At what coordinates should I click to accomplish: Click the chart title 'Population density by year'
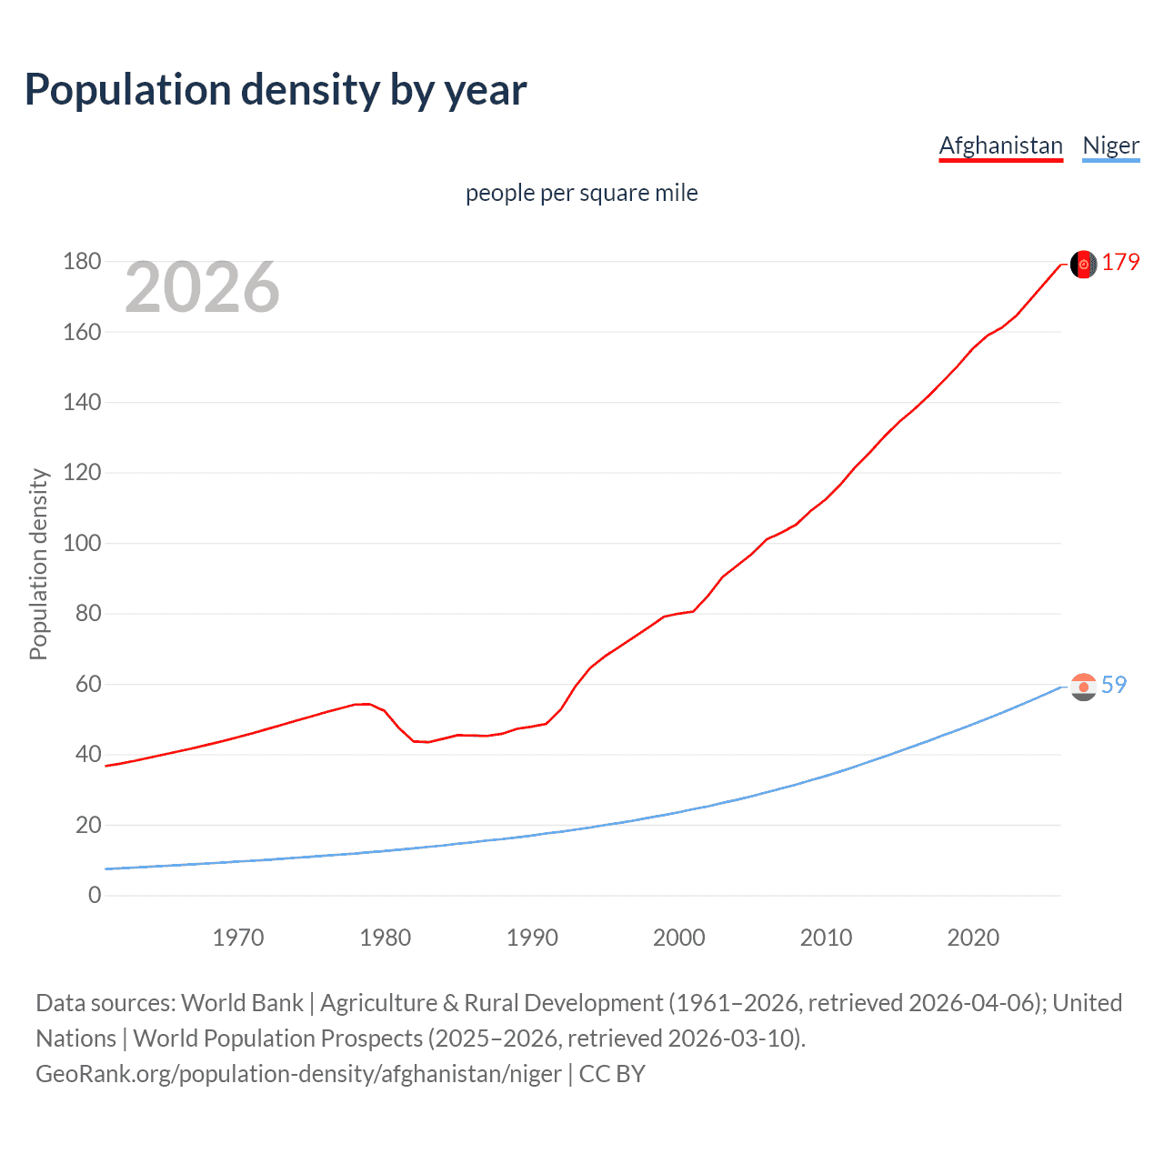tap(276, 90)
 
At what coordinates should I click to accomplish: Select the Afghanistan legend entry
tap(1000, 145)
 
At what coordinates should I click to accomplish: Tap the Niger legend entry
tap(1110, 145)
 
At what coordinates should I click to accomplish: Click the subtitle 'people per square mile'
tap(581, 193)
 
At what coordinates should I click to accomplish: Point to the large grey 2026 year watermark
tap(202, 287)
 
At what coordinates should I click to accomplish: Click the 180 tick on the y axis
tap(82, 262)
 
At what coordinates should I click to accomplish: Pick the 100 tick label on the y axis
tap(82, 544)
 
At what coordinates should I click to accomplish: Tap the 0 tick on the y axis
tap(95, 896)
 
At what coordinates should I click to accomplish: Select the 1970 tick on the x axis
tap(238, 938)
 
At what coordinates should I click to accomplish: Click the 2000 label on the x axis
tap(679, 938)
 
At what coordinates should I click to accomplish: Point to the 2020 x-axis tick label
tap(973, 938)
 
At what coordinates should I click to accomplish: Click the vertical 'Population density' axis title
tap(38, 564)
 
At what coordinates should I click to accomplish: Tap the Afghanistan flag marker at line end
tap(1083, 264)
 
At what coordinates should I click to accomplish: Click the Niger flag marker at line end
tap(1083, 687)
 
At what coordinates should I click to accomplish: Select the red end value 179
tap(1120, 263)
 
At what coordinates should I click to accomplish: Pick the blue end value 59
tap(1114, 685)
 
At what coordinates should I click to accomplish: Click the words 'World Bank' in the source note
tap(242, 1003)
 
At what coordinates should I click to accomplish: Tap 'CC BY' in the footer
tap(612, 1074)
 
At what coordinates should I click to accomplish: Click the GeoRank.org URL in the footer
tap(298, 1074)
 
